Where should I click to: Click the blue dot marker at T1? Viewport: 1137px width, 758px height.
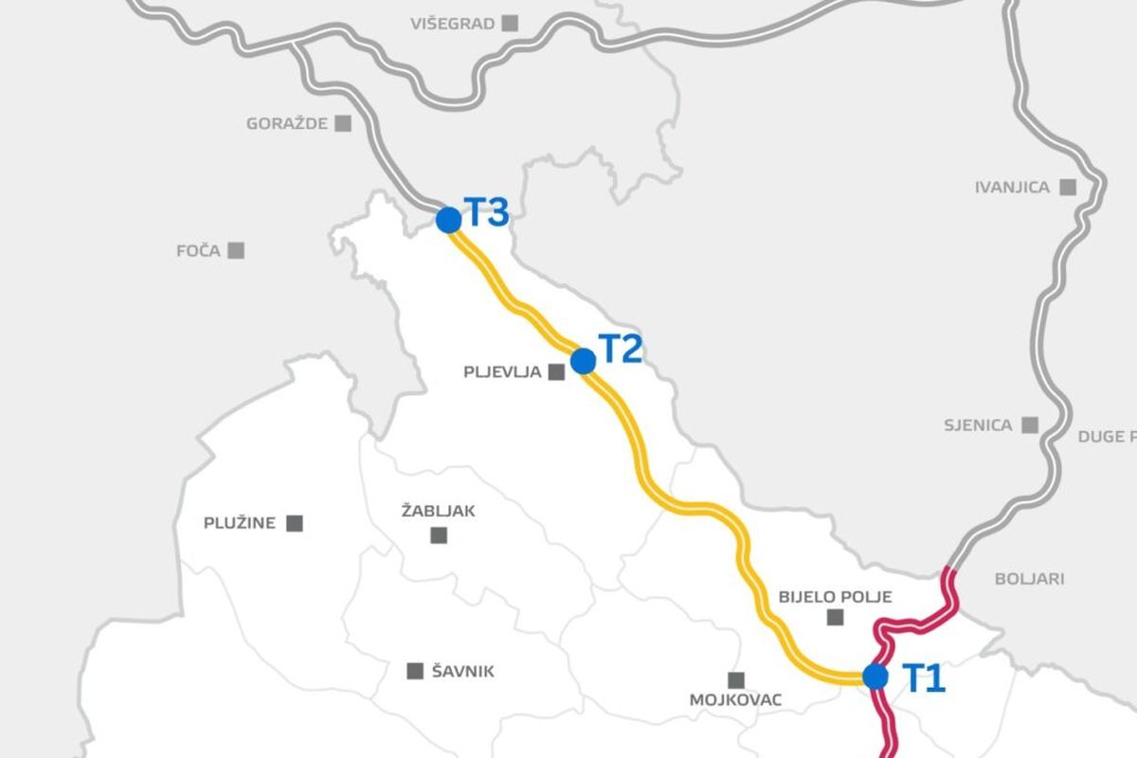[875, 677]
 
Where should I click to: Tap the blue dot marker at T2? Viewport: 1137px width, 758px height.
[584, 361]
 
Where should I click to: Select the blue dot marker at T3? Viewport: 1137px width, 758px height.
[449, 220]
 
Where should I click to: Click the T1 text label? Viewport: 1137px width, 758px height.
[923, 678]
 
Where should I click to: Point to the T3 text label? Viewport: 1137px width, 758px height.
[486, 213]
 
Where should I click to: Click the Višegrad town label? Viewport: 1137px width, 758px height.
[453, 24]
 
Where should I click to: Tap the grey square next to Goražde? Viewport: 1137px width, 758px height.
[342, 123]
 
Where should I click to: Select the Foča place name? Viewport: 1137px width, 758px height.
[198, 251]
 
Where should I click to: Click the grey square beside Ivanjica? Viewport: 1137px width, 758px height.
[1069, 187]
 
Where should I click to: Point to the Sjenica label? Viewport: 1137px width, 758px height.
[978, 425]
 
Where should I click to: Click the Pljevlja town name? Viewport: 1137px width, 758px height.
[502, 372]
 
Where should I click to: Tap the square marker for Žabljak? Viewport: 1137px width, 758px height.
[439, 535]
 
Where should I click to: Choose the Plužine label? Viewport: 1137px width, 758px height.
[240, 523]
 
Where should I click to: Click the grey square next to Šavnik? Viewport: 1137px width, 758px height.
[415, 671]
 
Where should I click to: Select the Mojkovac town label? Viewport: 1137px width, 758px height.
[735, 700]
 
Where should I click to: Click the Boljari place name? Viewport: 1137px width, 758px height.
[1029, 579]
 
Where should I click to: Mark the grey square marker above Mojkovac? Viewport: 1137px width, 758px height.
[735, 679]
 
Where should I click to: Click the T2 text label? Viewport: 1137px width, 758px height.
[621, 350]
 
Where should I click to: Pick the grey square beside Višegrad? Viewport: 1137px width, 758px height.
[512, 23]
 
